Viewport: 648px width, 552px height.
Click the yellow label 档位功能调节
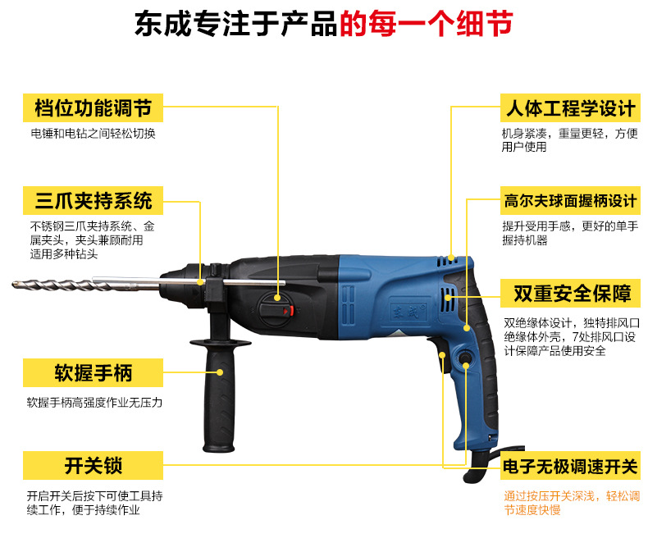coord(93,107)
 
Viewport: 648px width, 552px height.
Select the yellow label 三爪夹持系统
coord(93,201)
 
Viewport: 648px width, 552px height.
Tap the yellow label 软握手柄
coord(93,372)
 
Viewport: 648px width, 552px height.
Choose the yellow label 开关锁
coord(93,466)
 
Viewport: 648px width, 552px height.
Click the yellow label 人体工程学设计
coord(570,107)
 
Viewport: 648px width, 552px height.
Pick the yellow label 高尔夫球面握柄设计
coord(570,201)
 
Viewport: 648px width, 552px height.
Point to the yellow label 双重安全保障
coord(570,294)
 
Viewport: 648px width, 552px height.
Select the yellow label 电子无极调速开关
coord(570,466)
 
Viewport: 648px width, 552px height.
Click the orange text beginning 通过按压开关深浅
coord(572,503)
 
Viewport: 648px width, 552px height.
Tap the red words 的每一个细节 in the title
coord(426,23)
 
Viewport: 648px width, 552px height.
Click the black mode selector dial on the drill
coord(276,308)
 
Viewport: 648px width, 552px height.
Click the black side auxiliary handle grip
coord(219,397)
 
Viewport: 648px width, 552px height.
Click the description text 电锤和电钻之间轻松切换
coord(93,134)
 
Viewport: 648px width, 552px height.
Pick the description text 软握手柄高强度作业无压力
coord(94,403)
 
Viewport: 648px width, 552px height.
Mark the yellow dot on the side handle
coord(220,372)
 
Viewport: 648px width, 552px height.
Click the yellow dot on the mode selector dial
coord(277,298)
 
